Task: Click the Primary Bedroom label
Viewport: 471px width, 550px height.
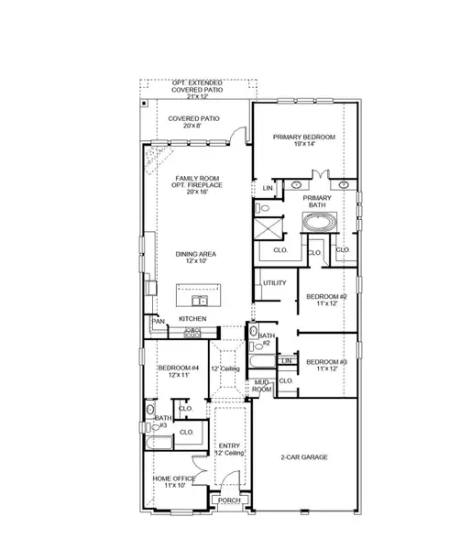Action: (304, 137)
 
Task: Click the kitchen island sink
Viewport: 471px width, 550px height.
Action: (198, 300)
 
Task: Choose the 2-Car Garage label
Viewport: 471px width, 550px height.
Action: (303, 456)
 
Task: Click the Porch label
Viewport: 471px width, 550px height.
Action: (229, 500)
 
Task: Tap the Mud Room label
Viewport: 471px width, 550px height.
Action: (263, 388)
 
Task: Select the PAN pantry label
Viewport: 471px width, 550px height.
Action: (159, 321)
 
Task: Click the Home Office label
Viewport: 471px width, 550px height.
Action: (174, 478)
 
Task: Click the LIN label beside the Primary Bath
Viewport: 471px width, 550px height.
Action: (268, 188)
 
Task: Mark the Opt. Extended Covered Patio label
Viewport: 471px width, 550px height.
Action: (198, 86)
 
